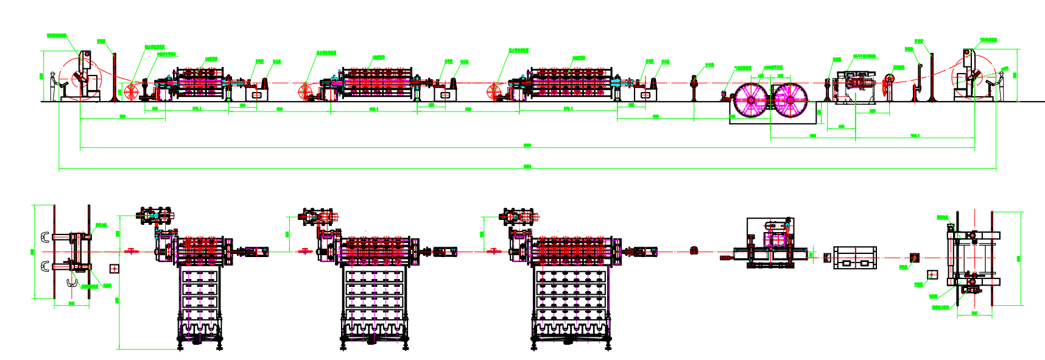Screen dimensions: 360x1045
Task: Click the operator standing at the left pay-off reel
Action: [54, 86]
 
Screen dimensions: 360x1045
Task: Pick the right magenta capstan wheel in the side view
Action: [790, 100]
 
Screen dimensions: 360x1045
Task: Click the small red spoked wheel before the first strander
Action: [132, 92]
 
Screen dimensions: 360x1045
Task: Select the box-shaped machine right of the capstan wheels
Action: [854, 86]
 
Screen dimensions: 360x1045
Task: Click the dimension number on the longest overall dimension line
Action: [527, 166]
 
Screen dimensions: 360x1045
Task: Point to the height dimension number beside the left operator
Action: [41, 76]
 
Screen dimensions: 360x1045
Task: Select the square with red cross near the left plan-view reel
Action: [114, 268]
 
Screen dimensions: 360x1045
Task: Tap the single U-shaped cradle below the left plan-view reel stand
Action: [72, 283]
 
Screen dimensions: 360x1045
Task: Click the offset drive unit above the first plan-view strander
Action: [157, 216]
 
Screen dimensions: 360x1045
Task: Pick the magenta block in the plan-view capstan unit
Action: [774, 240]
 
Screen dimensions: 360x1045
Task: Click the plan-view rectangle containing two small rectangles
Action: [854, 258]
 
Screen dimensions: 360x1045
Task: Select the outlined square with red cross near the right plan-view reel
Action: [931, 275]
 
